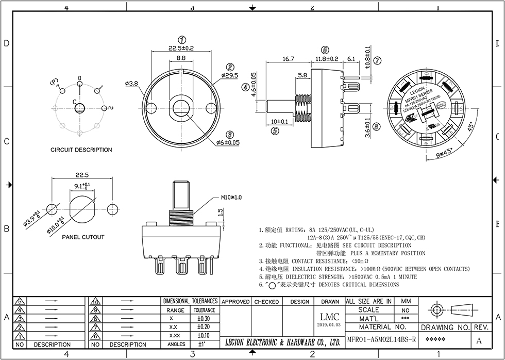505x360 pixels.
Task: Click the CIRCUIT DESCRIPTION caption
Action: (x=81, y=150)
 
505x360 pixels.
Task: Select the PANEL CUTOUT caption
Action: (x=83, y=237)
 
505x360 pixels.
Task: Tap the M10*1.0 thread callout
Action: (x=231, y=198)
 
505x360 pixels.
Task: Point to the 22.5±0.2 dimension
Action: (x=181, y=48)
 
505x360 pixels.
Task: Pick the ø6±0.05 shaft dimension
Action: (x=228, y=142)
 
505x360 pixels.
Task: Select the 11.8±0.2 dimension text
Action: (x=327, y=59)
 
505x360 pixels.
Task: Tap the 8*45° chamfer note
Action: (x=444, y=153)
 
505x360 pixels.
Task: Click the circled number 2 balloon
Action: (x=230, y=67)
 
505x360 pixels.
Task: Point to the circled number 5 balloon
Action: (x=275, y=131)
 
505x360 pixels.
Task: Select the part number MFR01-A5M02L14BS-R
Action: (x=381, y=340)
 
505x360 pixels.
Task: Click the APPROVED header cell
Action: (x=235, y=302)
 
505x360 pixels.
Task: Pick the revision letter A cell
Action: (x=479, y=340)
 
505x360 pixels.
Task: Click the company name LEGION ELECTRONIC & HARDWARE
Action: (x=283, y=342)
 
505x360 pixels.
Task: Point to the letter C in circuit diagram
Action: (x=74, y=102)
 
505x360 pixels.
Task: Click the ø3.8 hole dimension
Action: (x=131, y=84)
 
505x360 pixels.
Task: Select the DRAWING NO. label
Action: (x=445, y=328)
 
